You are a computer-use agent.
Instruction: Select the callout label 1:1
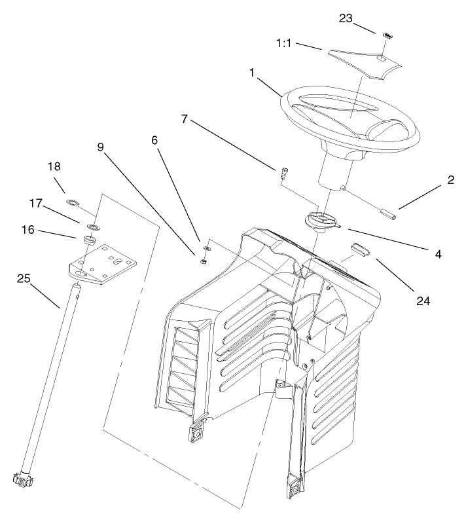click(285, 43)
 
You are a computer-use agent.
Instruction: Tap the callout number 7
click(185, 119)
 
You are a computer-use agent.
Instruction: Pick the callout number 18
click(54, 167)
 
